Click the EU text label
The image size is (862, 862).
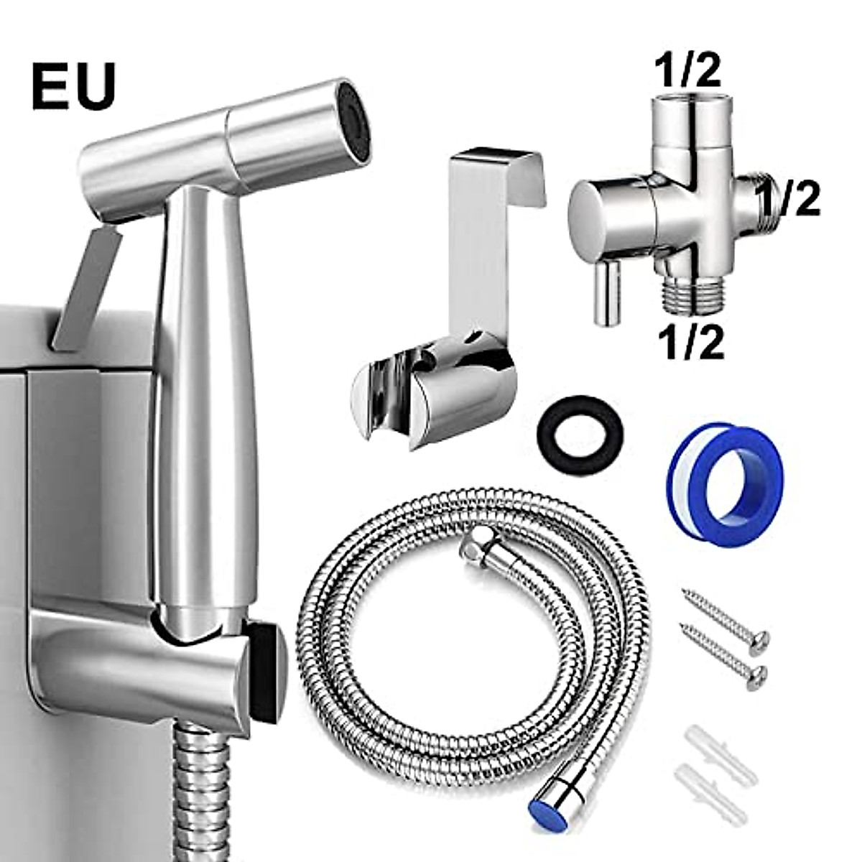tap(73, 85)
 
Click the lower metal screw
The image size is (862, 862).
tap(722, 653)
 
